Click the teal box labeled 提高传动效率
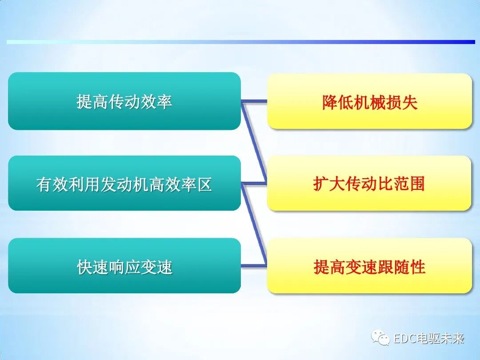click(124, 101)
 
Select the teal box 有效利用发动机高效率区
click(124, 183)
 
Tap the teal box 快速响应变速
click(124, 266)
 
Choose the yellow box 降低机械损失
click(369, 101)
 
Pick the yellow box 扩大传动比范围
click(369, 183)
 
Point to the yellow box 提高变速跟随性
click(369, 266)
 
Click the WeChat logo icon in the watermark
click(381, 338)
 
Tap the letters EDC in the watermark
click(404, 339)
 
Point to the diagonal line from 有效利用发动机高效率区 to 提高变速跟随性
click(255, 224)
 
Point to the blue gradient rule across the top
click(240, 42)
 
